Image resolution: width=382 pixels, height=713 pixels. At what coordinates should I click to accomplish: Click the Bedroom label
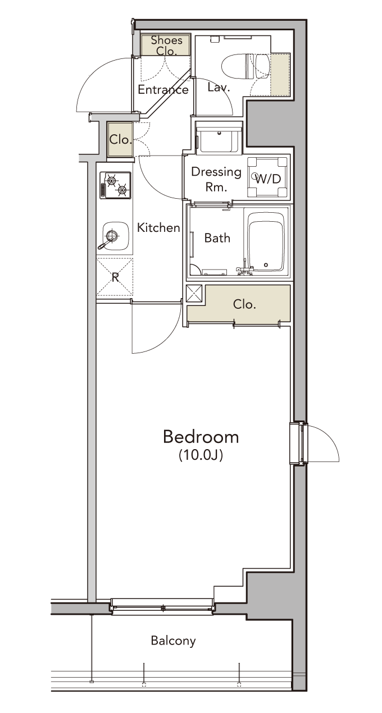(x=201, y=437)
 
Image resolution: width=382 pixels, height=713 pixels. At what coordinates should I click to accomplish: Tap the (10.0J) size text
(x=201, y=455)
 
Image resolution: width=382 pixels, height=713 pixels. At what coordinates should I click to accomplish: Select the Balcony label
(x=174, y=641)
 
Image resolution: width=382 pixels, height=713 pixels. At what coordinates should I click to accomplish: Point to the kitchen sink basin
(x=115, y=236)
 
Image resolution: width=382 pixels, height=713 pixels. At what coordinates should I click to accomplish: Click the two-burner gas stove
(x=116, y=185)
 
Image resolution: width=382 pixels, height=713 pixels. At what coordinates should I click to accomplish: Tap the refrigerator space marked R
(x=115, y=277)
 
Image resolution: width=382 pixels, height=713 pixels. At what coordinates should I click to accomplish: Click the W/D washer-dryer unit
(x=268, y=177)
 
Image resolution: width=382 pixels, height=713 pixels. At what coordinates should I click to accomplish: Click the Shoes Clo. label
(x=166, y=45)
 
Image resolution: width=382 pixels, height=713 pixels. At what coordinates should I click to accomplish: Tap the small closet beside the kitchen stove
(x=120, y=139)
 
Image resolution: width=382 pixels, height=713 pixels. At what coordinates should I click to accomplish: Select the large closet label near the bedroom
(x=244, y=305)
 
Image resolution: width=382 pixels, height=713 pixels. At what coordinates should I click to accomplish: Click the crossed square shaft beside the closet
(x=194, y=294)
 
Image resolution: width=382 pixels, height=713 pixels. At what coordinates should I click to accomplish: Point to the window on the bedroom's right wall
(x=299, y=443)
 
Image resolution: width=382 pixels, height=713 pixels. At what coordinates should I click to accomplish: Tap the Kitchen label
(x=158, y=227)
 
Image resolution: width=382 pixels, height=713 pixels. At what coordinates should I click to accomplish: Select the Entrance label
(x=163, y=90)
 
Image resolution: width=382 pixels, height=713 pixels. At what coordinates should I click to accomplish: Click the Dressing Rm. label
(x=216, y=180)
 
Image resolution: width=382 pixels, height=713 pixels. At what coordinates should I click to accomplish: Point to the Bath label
(x=217, y=238)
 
